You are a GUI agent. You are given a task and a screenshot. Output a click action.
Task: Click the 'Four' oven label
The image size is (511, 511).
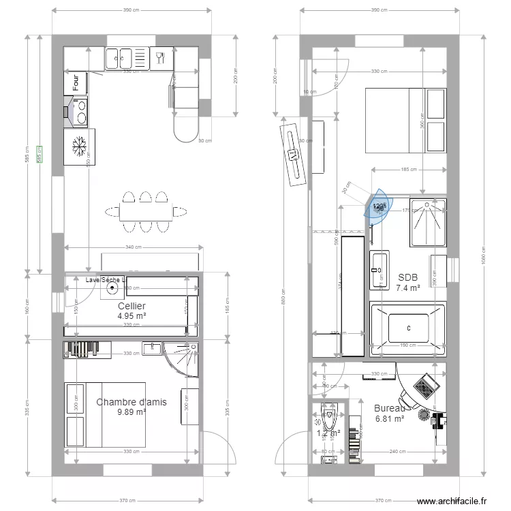[x=76, y=83]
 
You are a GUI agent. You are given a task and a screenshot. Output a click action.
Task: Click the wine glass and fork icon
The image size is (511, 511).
[x=161, y=57]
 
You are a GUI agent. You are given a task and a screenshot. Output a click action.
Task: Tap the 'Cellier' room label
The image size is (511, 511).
[x=131, y=306]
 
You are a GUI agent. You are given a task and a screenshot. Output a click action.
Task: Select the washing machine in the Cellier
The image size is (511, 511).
[x=111, y=289]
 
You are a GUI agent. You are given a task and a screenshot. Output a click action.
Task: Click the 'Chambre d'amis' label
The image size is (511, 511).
[x=131, y=402]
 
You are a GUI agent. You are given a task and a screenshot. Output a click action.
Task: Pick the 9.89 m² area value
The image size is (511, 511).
[x=131, y=412]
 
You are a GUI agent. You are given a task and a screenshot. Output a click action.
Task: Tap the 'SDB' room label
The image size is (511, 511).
[x=407, y=277]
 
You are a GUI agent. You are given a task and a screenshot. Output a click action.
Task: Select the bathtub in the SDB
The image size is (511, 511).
[x=407, y=329]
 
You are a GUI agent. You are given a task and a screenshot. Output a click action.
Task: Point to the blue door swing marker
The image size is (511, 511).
[x=377, y=206]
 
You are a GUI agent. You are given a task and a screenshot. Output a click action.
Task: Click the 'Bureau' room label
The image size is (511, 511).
[x=389, y=408]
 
